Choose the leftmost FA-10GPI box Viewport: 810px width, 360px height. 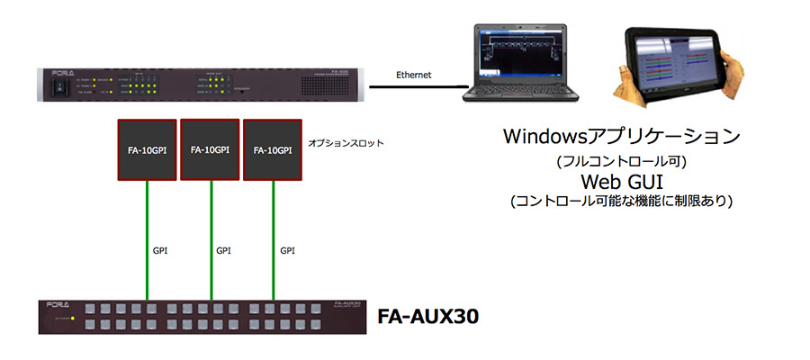[148, 149]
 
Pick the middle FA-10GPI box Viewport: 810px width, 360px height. [211, 149]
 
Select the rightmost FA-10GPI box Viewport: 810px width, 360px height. [274, 149]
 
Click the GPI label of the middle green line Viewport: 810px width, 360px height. [224, 249]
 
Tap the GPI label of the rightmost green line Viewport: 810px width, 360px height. [288, 249]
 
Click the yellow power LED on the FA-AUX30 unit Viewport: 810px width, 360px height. [72, 319]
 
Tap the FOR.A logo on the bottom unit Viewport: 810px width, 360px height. [61, 305]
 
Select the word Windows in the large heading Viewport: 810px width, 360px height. [547, 137]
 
